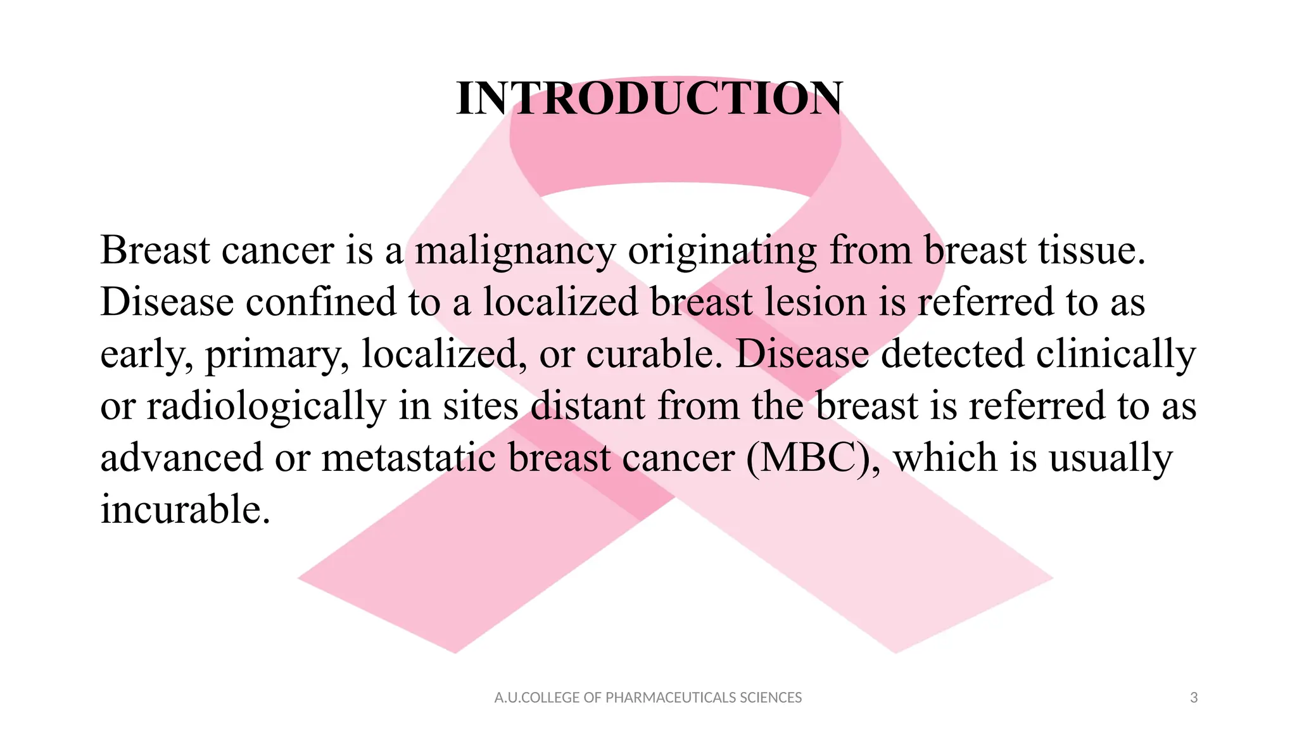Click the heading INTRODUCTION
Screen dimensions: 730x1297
(x=649, y=99)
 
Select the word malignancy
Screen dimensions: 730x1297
(x=515, y=250)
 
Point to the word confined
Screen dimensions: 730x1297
(x=320, y=302)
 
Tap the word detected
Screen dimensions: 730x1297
(x=952, y=354)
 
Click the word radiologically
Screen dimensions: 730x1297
(x=266, y=407)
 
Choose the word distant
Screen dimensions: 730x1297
(x=588, y=406)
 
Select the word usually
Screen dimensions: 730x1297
(x=1111, y=459)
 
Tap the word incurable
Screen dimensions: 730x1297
(x=185, y=509)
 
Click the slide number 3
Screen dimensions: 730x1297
(x=1194, y=698)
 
